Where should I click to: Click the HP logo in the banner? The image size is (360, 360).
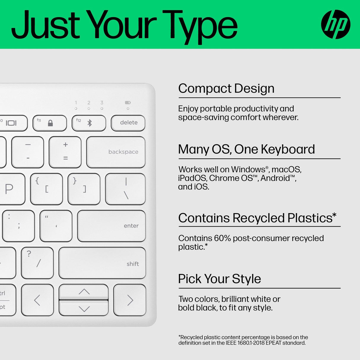[x=336, y=24]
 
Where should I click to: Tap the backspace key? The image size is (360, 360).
[x=116, y=152]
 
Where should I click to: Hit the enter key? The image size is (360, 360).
[x=111, y=226]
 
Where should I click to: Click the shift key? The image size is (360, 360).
[x=102, y=263]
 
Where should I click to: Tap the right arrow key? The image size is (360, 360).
[x=130, y=300]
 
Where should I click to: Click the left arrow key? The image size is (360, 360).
[x=37, y=300]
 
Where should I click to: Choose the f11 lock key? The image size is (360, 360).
[x=50, y=123]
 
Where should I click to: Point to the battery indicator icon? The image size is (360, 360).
[x=128, y=103]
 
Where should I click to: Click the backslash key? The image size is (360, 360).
[x=125, y=189]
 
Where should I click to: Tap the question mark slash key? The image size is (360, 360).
[x=37, y=263]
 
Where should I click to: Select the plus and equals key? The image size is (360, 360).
[x=65, y=152]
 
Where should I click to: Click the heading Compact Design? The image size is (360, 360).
[x=226, y=88]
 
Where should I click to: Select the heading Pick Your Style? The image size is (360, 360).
[x=219, y=279]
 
